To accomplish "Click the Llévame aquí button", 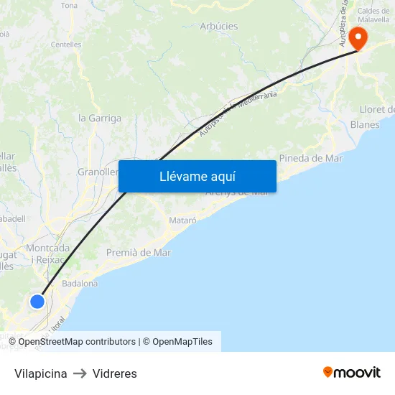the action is click(x=197, y=176).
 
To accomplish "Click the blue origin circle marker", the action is click(x=37, y=302).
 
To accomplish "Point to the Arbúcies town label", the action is click(x=218, y=27).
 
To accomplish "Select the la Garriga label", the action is click(x=99, y=118).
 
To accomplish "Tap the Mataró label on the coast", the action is click(x=182, y=220).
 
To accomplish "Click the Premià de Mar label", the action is click(x=139, y=252).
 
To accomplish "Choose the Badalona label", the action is click(x=80, y=284).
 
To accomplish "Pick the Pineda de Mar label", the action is click(x=310, y=158).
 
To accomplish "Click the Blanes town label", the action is click(x=365, y=124).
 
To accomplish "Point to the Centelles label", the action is click(x=66, y=45).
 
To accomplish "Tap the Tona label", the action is click(x=70, y=6).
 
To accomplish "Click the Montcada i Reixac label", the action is click(x=48, y=253).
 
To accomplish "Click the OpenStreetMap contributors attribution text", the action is click(x=77, y=342).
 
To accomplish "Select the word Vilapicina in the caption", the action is click(x=41, y=373).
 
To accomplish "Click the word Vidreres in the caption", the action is click(x=114, y=373).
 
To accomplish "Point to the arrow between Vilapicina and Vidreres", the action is click(x=80, y=373).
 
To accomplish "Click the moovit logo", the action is click(x=352, y=372).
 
